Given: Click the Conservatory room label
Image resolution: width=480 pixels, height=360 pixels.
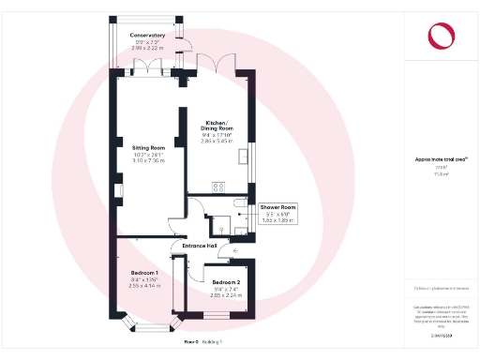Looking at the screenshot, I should pyautogui.click(x=147, y=35).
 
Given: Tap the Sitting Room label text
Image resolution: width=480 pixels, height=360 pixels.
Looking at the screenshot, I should pyautogui.click(x=147, y=147).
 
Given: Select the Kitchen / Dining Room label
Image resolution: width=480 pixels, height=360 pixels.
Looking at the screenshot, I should pyautogui.click(x=217, y=126).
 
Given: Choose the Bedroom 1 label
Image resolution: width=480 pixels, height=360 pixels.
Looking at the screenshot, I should pyautogui.click(x=144, y=272).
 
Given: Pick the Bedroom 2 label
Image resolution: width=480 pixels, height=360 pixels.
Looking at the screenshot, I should pyautogui.click(x=226, y=282).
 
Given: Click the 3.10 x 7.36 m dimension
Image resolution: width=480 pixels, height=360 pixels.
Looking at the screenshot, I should pyautogui.click(x=147, y=160).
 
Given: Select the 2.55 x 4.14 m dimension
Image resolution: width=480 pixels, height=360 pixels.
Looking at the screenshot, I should pyautogui.click(x=144, y=285).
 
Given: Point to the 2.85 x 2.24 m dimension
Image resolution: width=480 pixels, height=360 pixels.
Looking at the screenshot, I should pyautogui.click(x=226, y=295).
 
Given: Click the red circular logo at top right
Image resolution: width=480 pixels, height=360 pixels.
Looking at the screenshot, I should pyautogui.click(x=441, y=36).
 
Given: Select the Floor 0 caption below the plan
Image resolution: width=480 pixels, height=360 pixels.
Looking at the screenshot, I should pyautogui.click(x=191, y=343).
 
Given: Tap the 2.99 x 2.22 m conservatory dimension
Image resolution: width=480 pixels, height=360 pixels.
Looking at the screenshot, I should pyautogui.click(x=147, y=47).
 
